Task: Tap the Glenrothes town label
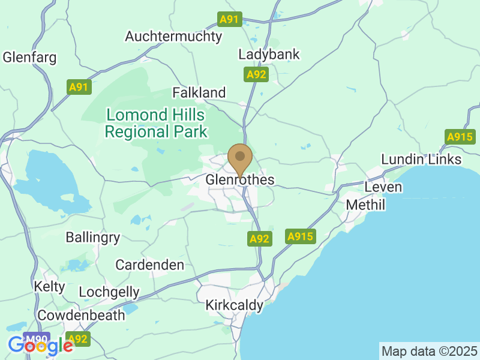[x=240, y=180]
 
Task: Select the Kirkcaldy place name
[x=234, y=305]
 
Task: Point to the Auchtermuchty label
[x=173, y=37]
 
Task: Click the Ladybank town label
[x=269, y=55]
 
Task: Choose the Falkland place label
[x=199, y=93]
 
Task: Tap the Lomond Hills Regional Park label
[x=155, y=124]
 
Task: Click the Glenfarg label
[x=30, y=58]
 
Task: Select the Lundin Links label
[x=422, y=159]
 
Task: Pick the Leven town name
[x=383, y=187]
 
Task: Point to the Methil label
[x=365, y=205]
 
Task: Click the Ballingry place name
[x=93, y=238]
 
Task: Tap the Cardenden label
[x=150, y=265]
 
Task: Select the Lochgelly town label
[x=109, y=293]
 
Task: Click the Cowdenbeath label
[x=82, y=315]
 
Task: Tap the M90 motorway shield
[x=37, y=338]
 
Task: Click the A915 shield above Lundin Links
[x=460, y=137]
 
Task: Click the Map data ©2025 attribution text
[x=430, y=350]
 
